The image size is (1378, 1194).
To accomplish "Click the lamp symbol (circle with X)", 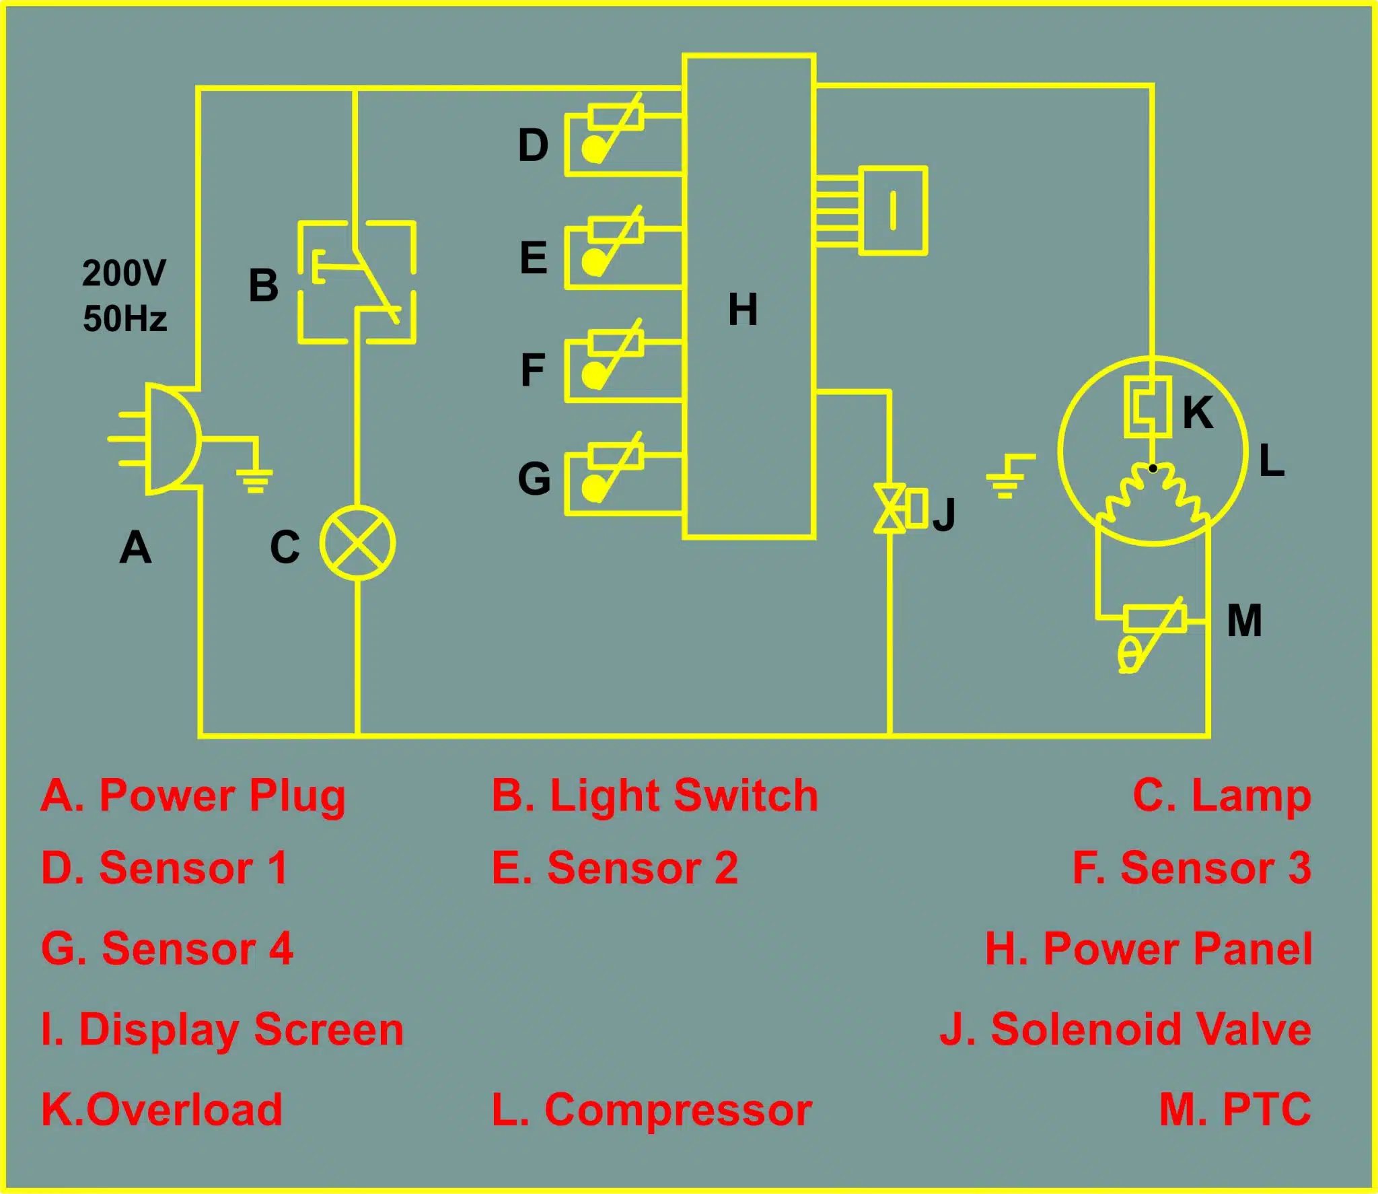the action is click(x=357, y=542).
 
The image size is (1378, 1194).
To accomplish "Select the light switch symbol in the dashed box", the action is click(x=357, y=282).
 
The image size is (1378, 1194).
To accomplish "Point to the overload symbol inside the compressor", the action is click(x=1148, y=407).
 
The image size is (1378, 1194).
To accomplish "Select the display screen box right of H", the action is click(x=894, y=211).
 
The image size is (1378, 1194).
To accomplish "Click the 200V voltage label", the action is click(x=124, y=273).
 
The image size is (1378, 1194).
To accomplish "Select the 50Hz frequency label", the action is click(x=124, y=318).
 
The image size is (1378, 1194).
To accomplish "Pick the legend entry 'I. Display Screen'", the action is click(x=223, y=1030).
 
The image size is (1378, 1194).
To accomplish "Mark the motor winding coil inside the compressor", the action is click(x=1153, y=491).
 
